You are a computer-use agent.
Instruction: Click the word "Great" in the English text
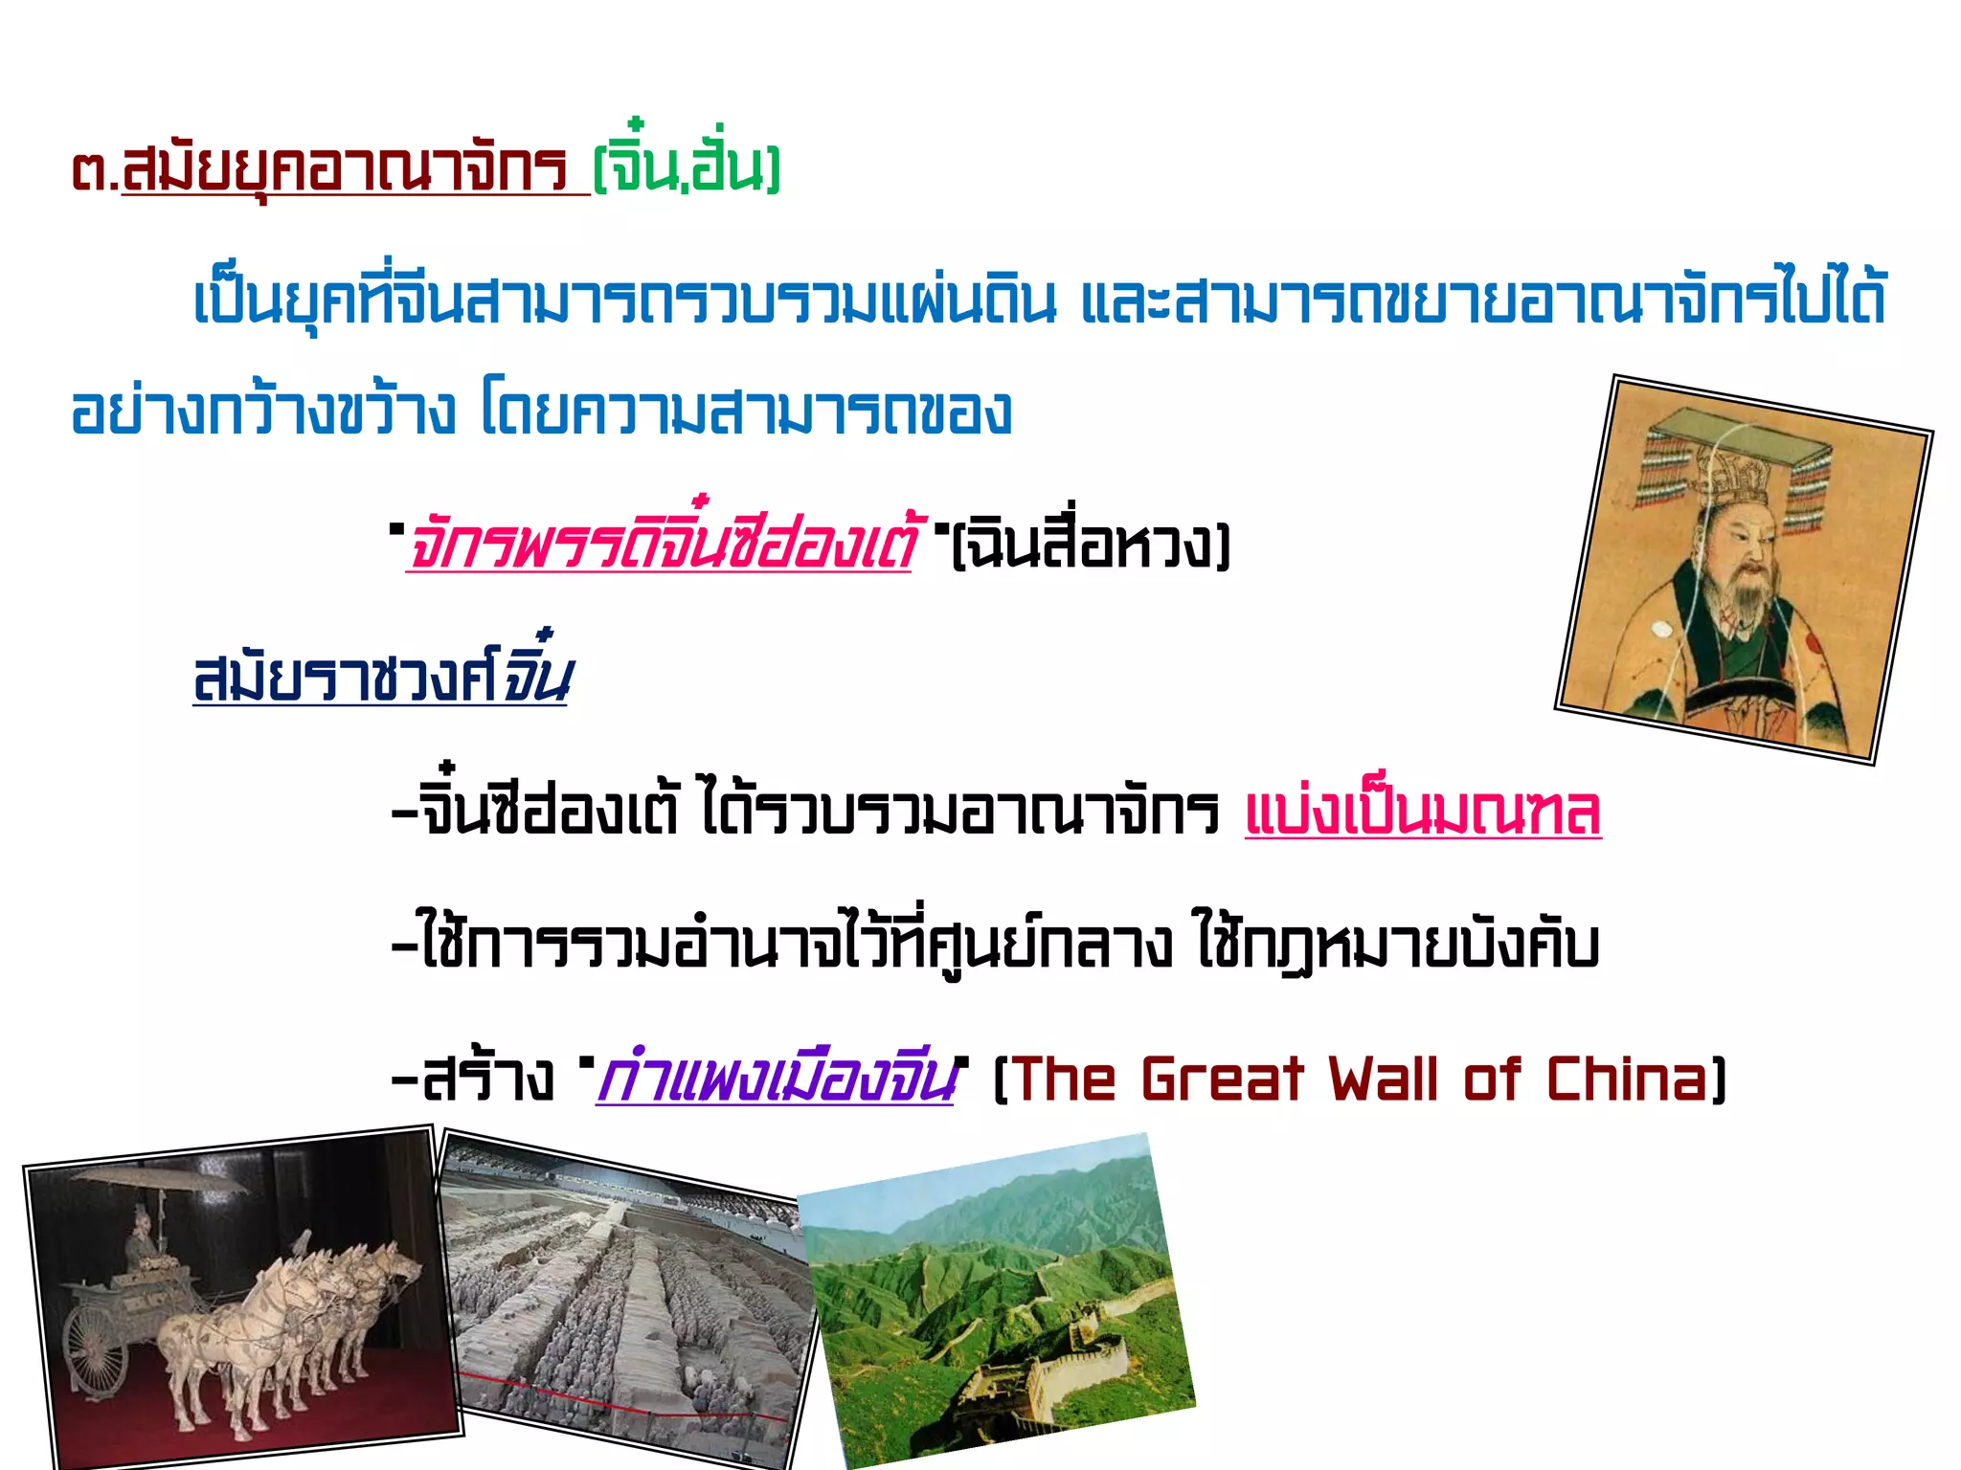(x=1222, y=1080)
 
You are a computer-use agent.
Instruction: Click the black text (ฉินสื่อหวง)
(x=1091, y=546)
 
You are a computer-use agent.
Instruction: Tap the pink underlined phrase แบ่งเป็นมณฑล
(x=1423, y=812)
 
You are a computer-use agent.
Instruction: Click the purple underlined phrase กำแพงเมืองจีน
(x=775, y=1080)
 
